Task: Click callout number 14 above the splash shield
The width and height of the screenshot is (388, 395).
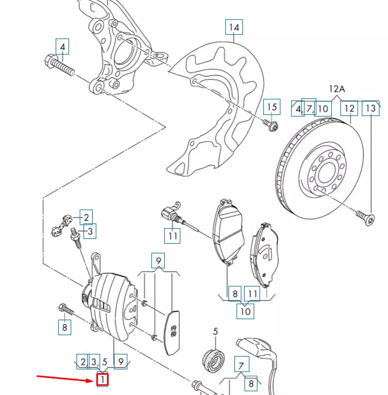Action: [x=233, y=27]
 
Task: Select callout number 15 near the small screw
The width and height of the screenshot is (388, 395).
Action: [x=272, y=107]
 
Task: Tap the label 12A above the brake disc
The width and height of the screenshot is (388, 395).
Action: [x=337, y=89]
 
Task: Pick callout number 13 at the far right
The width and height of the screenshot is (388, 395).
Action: [x=370, y=109]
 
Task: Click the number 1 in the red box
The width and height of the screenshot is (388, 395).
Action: [x=102, y=380]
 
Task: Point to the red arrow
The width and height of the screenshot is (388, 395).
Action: [x=64, y=378]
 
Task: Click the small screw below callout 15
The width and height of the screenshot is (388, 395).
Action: [x=271, y=126]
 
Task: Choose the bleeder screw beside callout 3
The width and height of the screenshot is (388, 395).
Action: [x=74, y=238]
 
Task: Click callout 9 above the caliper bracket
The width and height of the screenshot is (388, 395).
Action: [x=158, y=261]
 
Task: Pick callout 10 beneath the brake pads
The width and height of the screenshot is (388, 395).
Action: [x=245, y=309]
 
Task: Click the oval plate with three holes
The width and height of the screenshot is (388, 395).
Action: [x=172, y=331]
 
